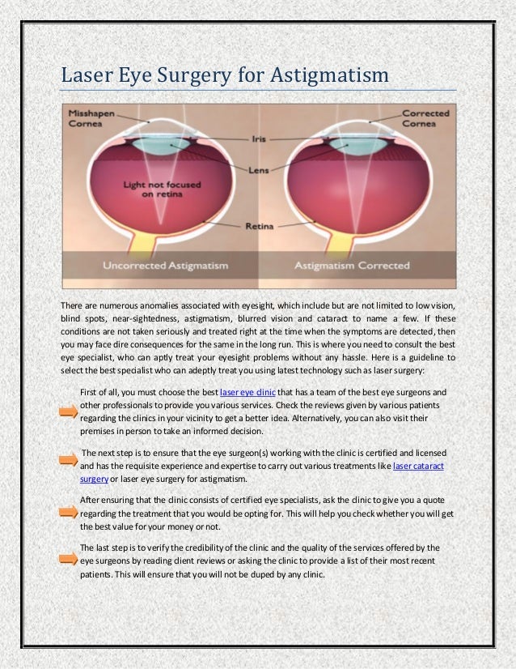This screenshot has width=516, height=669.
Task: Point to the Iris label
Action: (x=260, y=138)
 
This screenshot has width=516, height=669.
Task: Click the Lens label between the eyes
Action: (x=259, y=171)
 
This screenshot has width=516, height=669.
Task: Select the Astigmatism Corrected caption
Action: (x=352, y=266)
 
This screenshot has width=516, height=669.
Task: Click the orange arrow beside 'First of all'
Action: (x=69, y=412)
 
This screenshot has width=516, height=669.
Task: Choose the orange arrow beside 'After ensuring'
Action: (x=69, y=513)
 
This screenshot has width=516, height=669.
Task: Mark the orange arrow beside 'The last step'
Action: (x=69, y=559)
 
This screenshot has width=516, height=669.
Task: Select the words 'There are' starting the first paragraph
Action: (x=77, y=305)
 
